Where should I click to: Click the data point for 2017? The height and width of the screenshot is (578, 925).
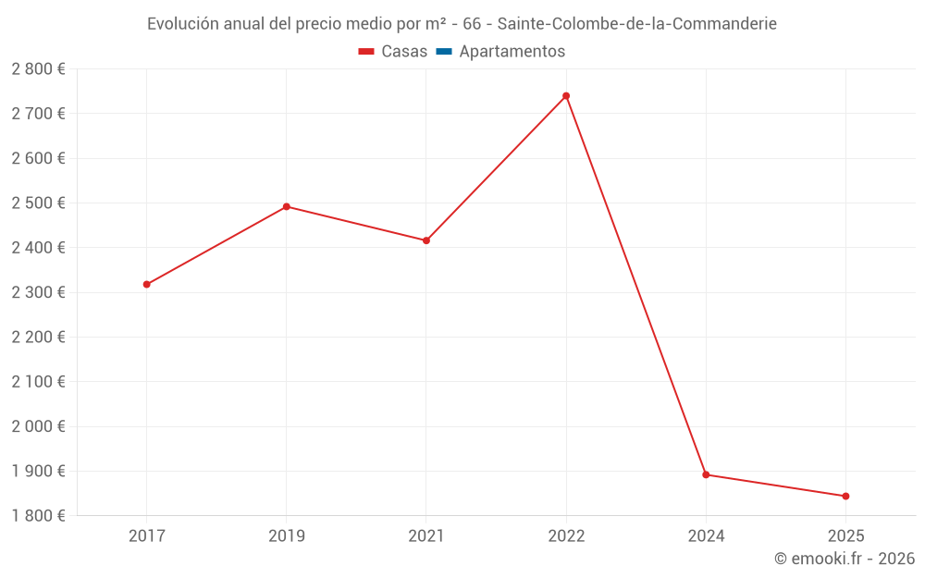146,284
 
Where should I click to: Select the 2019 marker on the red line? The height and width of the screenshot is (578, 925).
287,206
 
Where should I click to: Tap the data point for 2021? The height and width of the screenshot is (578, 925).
426,240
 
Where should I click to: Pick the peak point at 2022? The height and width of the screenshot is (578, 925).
566,95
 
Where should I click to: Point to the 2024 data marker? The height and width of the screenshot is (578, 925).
706,474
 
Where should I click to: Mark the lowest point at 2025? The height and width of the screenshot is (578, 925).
845,496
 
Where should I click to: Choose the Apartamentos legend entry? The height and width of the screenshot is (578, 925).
512,52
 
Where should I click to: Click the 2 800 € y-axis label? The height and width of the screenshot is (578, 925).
38,69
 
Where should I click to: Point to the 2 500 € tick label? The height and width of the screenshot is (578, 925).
38,203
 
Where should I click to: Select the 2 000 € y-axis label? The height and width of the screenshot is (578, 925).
38,426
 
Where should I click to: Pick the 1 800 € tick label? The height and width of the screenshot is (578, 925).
38,516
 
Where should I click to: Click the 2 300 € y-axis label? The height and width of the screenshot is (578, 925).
38,292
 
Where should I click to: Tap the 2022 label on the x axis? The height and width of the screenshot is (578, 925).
566,535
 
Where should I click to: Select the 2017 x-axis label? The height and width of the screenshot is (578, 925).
146,535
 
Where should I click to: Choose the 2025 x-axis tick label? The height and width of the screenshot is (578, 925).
845,535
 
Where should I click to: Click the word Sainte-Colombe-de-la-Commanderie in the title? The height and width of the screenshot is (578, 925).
636,23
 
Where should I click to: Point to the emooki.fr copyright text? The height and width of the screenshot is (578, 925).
845,559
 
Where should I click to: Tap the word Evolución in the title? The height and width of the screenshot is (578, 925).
183,23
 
